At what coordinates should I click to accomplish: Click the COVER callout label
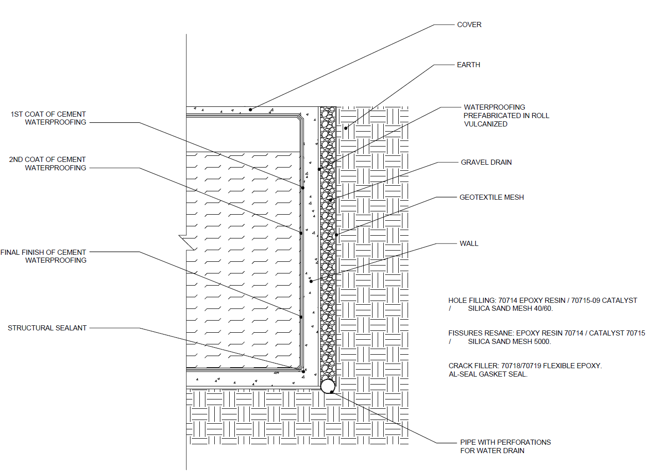click(469, 25)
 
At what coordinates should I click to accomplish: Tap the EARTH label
click(468, 65)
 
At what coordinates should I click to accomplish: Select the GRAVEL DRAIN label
click(486, 162)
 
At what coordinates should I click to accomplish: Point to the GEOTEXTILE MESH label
click(491, 197)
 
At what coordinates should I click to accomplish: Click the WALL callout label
click(469, 244)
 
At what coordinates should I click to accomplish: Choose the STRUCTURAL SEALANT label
click(47, 328)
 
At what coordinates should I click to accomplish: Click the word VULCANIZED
click(486, 124)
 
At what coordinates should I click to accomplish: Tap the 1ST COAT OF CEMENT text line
click(49, 114)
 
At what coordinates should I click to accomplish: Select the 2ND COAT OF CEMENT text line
click(48, 160)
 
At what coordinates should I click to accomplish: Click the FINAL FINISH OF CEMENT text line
click(43, 252)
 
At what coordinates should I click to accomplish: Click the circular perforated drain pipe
click(328, 386)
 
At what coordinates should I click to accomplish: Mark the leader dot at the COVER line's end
click(250, 110)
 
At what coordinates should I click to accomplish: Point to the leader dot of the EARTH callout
click(346, 128)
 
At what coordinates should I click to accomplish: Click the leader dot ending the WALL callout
click(311, 281)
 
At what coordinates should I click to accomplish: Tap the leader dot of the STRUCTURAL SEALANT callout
click(303, 371)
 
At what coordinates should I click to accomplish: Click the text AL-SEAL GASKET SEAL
click(488, 374)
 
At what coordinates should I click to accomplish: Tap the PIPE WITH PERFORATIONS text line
click(505, 442)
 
